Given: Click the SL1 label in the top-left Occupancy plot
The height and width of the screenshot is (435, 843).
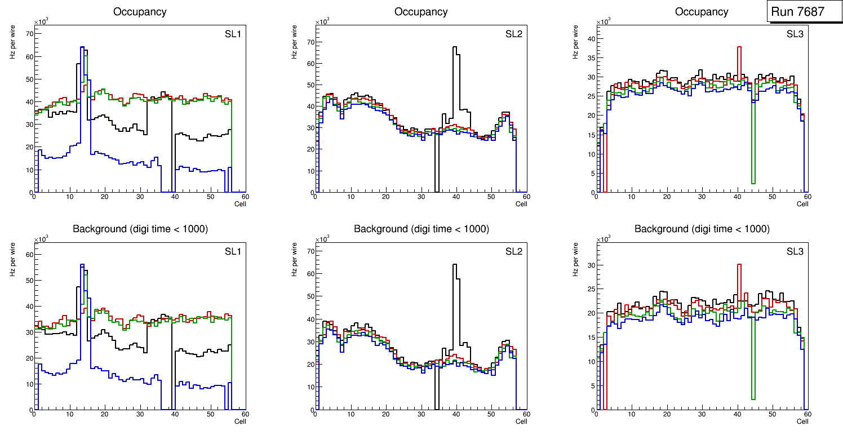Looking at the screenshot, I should click(233, 34).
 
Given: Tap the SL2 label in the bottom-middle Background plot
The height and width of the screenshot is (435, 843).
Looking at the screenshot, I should click(514, 251).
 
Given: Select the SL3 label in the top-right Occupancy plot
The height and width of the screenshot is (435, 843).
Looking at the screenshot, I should click(795, 34).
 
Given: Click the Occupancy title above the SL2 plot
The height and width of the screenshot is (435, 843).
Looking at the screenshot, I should click(421, 12).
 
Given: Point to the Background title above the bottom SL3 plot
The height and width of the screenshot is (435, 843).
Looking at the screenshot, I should click(702, 229).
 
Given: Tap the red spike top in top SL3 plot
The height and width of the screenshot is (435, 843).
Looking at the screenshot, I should click(739, 47).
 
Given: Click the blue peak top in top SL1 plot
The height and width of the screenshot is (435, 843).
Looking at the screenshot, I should click(82, 47).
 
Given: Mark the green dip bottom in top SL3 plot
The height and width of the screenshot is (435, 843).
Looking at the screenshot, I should click(753, 183).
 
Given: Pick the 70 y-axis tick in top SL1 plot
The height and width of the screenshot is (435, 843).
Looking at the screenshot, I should click(29, 33).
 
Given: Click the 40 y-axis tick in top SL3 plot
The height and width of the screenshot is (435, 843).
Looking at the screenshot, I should click(591, 38).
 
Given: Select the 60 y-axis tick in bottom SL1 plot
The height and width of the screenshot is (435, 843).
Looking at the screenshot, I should click(29, 254).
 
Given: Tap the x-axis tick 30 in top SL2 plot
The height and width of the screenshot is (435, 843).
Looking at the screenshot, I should click(421, 197).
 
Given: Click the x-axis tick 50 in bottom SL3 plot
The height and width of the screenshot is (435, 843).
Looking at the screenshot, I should click(772, 414).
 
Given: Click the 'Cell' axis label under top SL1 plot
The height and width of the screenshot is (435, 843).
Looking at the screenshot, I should click(240, 204).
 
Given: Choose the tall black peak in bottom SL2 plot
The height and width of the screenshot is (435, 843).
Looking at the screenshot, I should click(454, 265).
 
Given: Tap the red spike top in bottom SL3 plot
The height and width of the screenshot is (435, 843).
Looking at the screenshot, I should click(739, 265).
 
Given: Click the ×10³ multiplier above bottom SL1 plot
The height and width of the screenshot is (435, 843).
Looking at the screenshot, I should click(40, 239).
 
